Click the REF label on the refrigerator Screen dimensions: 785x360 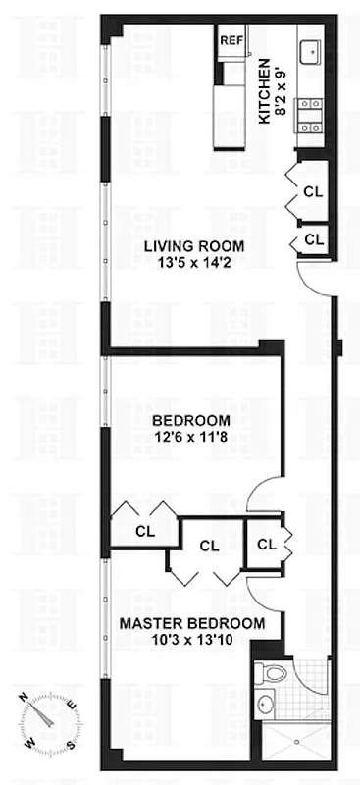[231, 40]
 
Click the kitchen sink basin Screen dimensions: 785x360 [312, 50]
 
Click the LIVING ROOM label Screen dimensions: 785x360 [193, 246]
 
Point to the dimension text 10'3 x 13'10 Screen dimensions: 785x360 [192, 640]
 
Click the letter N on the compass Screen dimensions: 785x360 [23, 698]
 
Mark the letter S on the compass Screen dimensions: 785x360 [70, 742]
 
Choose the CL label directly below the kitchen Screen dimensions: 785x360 [313, 190]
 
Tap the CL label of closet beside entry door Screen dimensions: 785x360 [313, 238]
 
